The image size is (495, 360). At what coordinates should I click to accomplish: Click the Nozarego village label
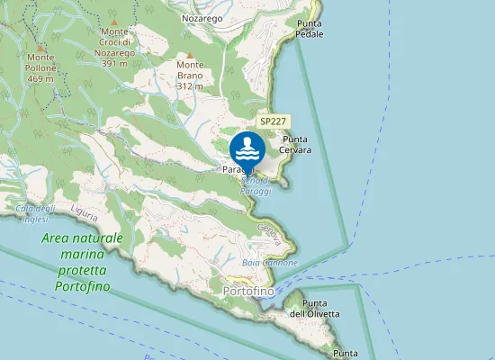tap(201, 17)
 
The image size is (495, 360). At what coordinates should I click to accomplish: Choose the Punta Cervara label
tap(296, 144)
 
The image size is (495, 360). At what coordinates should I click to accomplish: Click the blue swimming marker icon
tap(247, 149)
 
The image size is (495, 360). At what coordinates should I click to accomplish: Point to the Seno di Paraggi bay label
tap(255, 185)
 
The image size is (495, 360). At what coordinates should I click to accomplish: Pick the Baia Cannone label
tap(269, 262)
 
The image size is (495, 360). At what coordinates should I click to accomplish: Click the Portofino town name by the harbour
tap(247, 292)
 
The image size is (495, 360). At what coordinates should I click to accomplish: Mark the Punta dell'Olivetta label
tap(314, 308)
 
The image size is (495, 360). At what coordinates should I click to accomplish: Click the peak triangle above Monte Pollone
tap(40, 47)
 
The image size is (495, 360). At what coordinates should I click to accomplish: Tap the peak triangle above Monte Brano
tap(190, 56)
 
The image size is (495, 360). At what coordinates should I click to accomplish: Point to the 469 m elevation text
tap(40, 79)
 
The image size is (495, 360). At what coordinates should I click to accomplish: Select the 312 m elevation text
tap(191, 86)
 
